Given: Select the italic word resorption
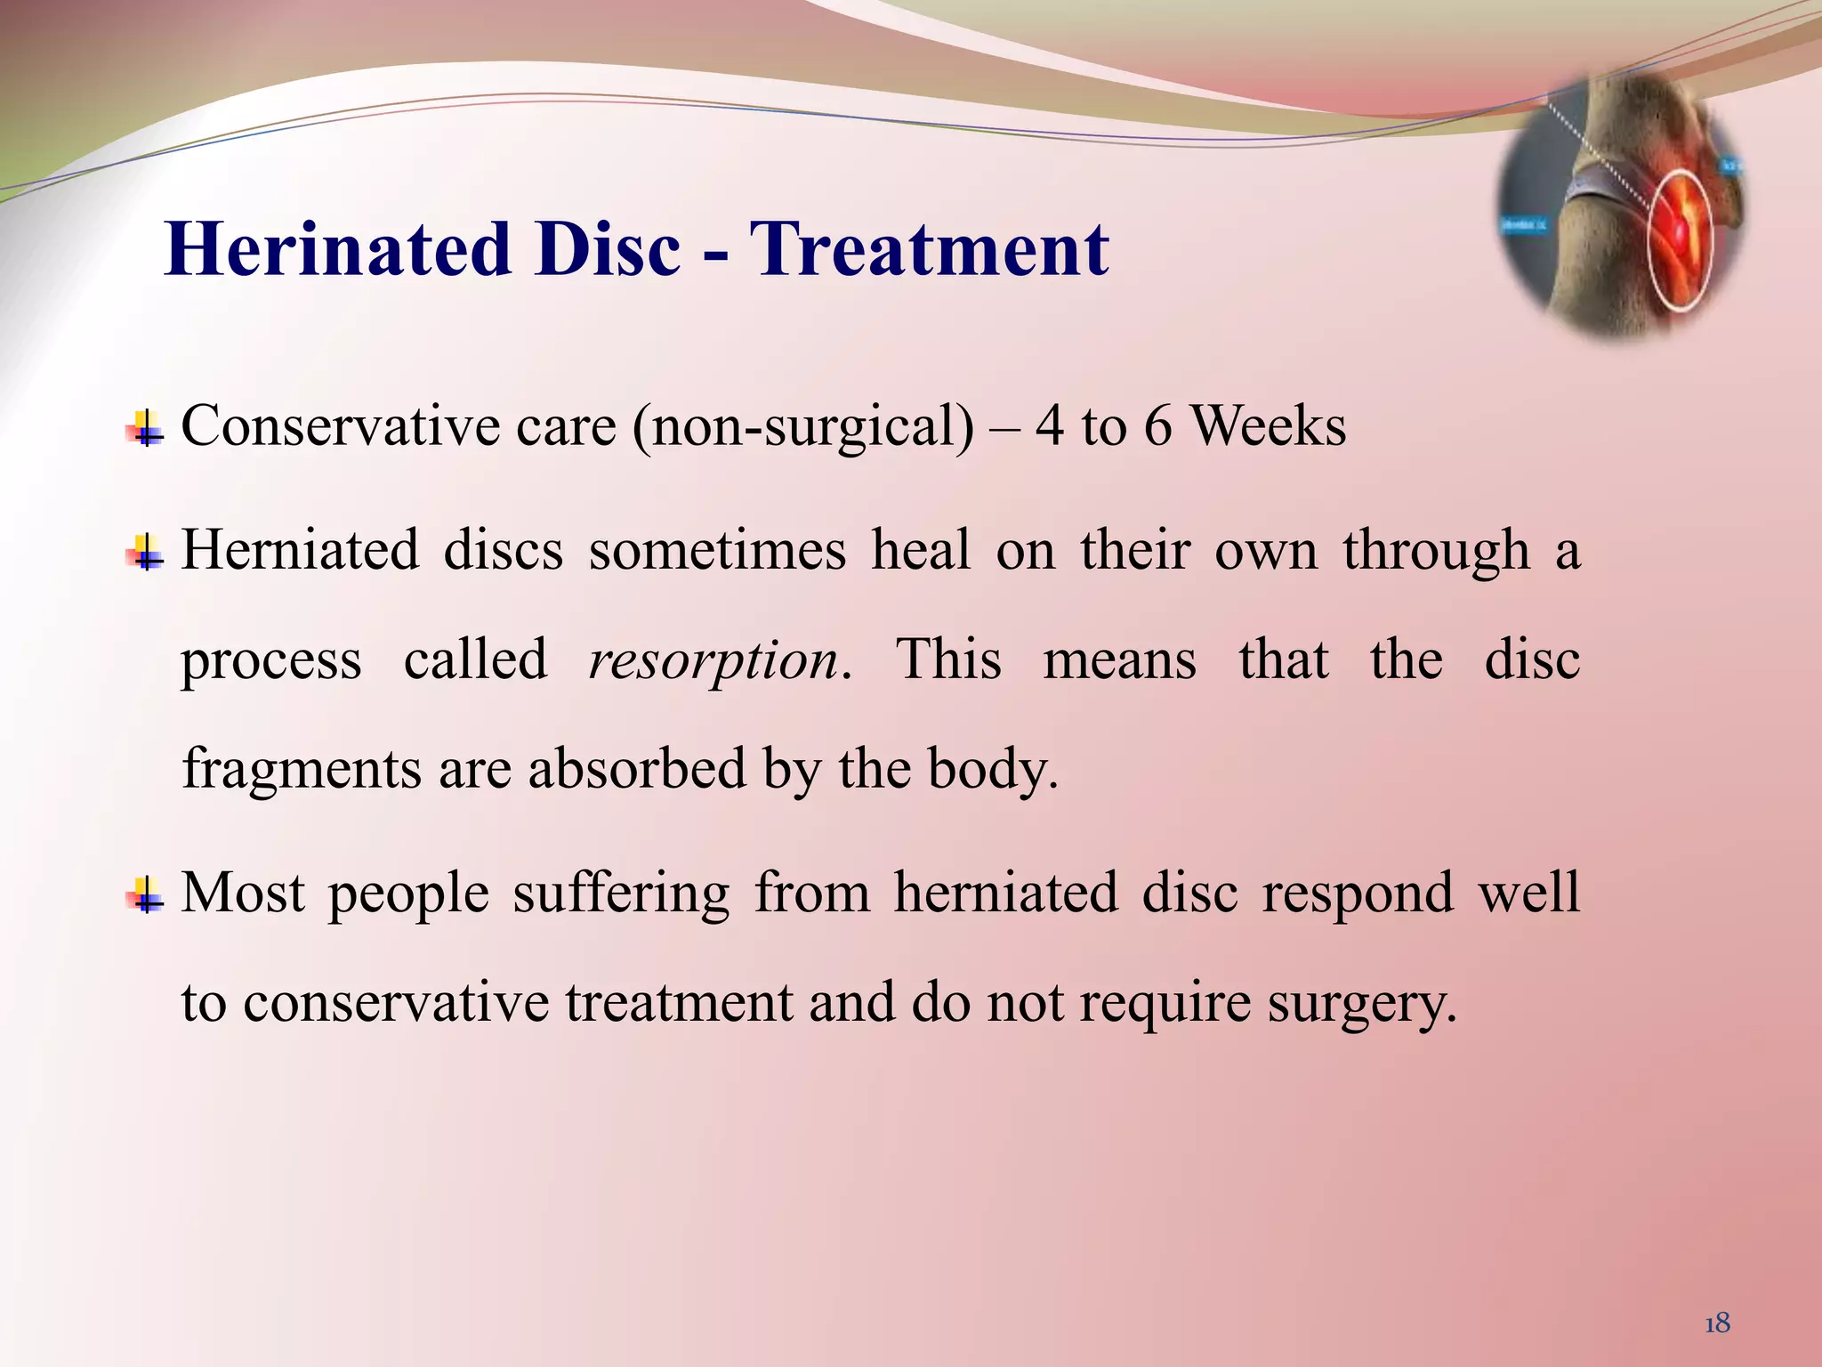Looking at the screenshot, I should click(713, 660).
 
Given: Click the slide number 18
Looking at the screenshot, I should click(1717, 1323).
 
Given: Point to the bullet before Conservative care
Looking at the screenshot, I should click(145, 430).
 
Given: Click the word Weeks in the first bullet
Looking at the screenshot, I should click(1269, 426).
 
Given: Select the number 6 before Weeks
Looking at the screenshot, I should click(1157, 426).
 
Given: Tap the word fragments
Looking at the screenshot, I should click(302, 769).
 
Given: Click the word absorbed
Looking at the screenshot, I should click(637, 769).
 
